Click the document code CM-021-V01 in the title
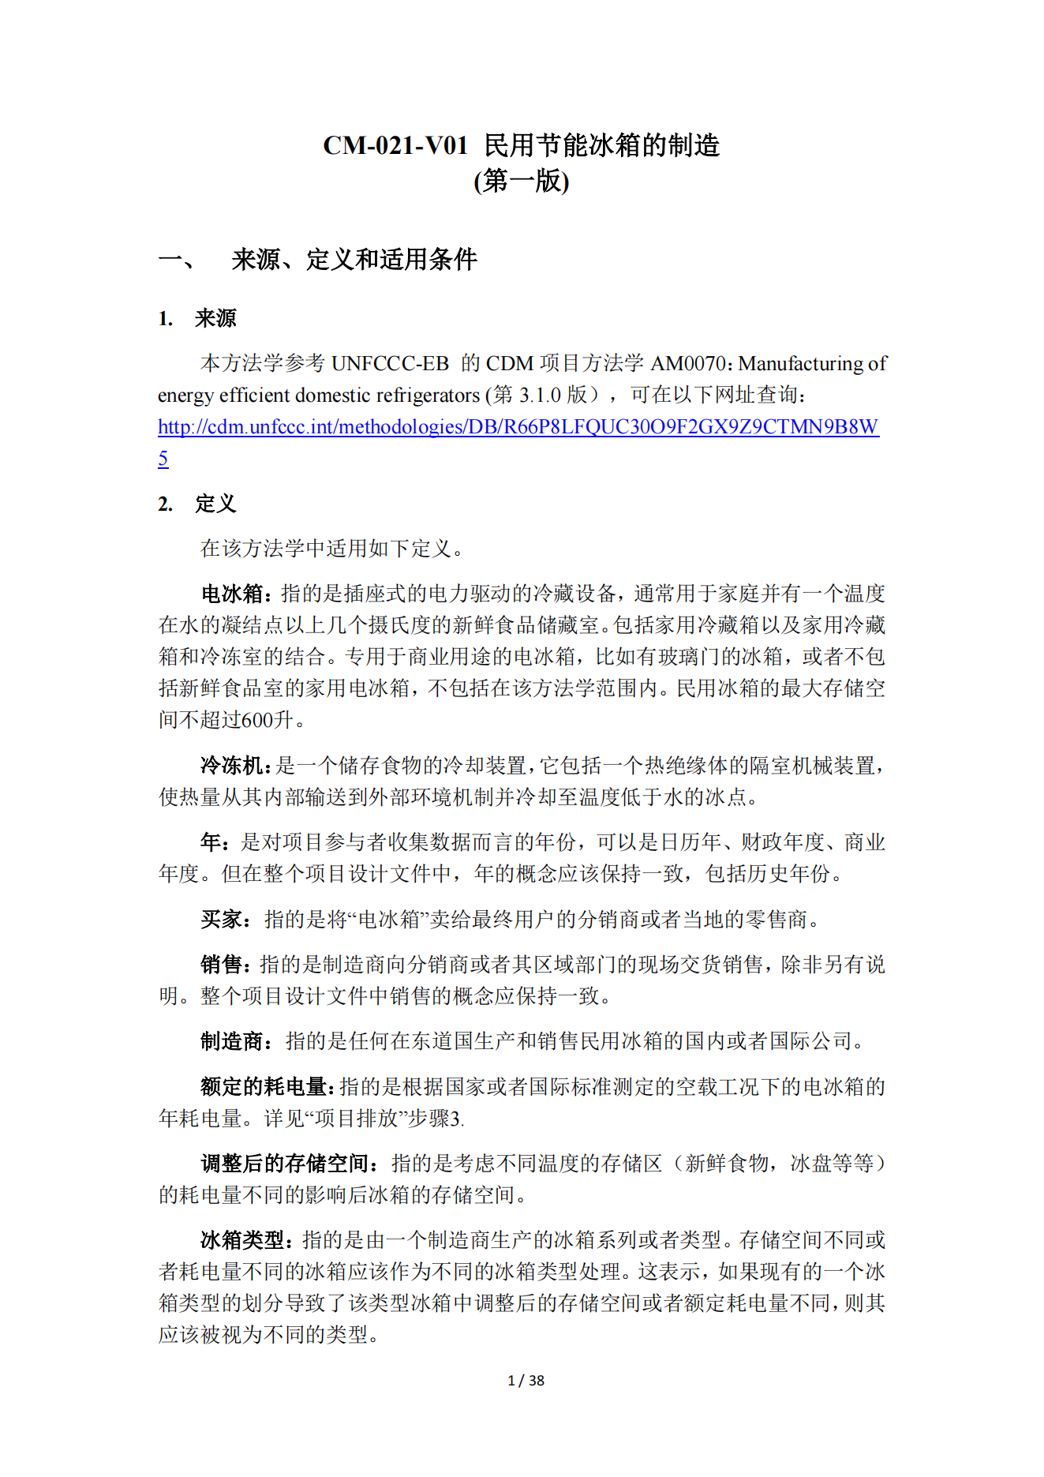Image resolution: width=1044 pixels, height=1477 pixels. tap(395, 146)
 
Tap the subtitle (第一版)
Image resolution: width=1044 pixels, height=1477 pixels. tap(521, 182)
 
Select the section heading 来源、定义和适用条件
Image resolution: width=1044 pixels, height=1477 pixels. tap(354, 260)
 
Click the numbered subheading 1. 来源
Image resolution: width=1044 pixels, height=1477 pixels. tap(197, 318)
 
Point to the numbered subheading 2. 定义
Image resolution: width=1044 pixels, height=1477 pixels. tap(197, 504)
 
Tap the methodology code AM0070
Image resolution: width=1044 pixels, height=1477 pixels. tap(687, 363)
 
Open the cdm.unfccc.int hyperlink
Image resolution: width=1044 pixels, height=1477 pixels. tap(518, 427)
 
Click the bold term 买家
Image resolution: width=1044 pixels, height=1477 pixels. tap(221, 919)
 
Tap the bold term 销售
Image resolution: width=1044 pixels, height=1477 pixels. tap(221, 965)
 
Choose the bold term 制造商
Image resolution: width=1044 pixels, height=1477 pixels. tap(231, 1041)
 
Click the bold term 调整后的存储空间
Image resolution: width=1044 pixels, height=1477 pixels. tap(284, 1164)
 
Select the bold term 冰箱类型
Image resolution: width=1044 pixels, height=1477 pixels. tap(242, 1240)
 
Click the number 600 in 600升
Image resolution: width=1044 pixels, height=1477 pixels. tap(256, 720)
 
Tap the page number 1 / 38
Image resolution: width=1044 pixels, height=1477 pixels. tap(526, 1381)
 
